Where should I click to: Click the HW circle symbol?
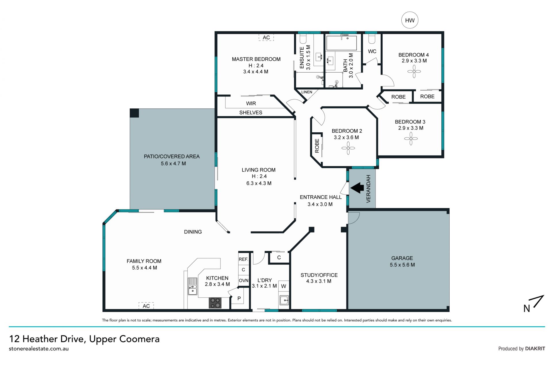[410, 20]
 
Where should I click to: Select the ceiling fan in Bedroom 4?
[414, 71]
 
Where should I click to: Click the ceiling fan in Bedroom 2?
[348, 148]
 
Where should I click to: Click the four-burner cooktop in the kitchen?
[215, 303]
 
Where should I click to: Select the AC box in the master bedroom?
[266, 37]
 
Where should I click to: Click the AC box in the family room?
[146, 306]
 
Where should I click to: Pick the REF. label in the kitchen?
[243, 259]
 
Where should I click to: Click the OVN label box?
[244, 281]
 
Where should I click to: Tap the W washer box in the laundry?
[284, 286]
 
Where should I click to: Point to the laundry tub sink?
[284, 300]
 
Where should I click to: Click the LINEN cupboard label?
[307, 92]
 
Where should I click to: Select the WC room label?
[372, 51]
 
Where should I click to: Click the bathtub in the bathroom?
[342, 43]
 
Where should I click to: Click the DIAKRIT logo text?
[535, 348]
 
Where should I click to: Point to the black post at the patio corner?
[134, 113]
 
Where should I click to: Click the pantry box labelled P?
[239, 299]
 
